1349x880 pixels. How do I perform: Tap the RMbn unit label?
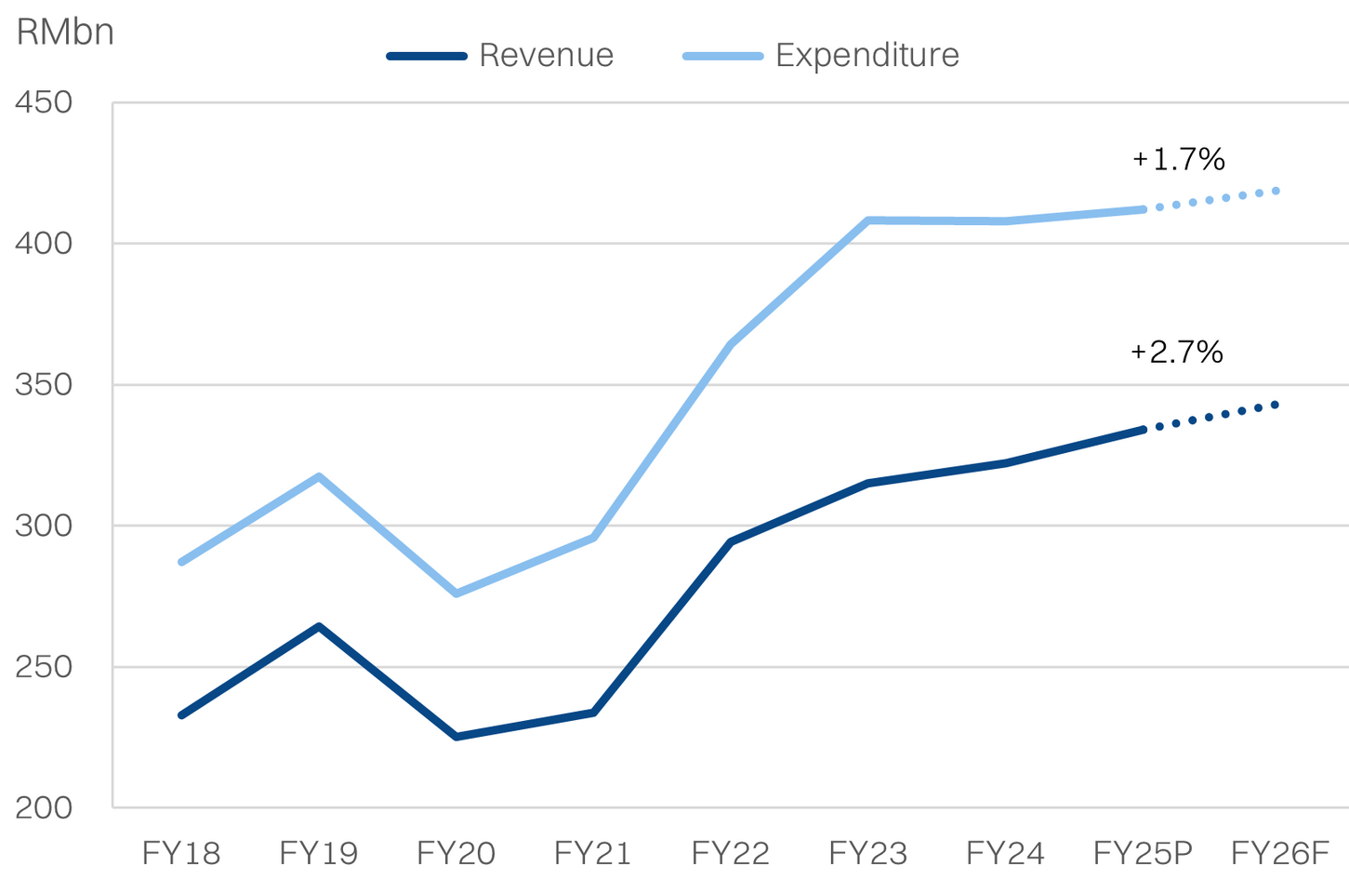point(65,33)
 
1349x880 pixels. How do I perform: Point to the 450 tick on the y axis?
point(44,102)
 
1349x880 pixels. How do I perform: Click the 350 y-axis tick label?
point(44,385)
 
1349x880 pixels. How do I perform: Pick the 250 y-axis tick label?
point(44,667)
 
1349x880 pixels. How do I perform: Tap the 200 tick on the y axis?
point(44,807)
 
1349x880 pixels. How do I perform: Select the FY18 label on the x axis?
point(181,852)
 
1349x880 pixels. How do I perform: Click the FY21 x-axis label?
point(593,852)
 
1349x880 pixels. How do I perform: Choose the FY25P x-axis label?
point(1143,852)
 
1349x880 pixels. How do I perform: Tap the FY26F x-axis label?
point(1280,852)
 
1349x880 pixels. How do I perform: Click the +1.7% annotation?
point(1179,160)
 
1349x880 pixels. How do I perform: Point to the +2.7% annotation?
point(1177,352)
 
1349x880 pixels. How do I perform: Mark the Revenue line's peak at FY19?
point(319,627)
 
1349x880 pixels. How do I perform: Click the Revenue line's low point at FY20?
point(456,737)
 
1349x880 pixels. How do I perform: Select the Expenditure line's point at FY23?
point(867,220)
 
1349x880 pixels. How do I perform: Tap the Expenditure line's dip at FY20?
point(456,593)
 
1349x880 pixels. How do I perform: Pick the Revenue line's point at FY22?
point(731,541)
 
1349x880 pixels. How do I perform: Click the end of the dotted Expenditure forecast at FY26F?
point(1276,191)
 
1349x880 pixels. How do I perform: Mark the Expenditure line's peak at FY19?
point(319,477)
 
